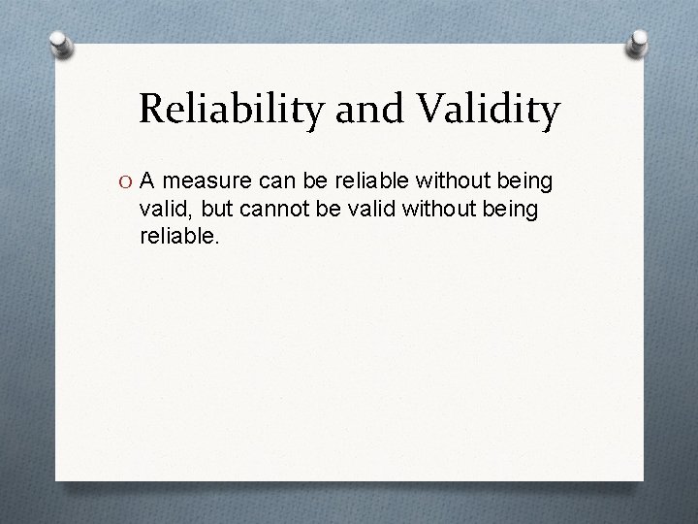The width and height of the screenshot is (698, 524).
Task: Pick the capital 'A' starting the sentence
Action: point(148,180)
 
